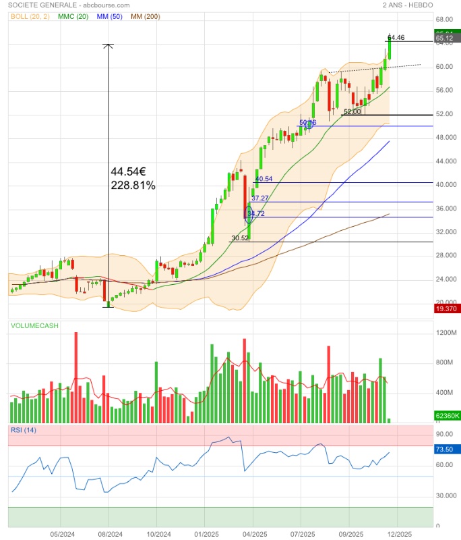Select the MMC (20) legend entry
pyautogui.click(x=73, y=16)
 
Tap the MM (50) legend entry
pyautogui.click(x=109, y=16)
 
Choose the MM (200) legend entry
pyautogui.click(x=145, y=16)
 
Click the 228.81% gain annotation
pyautogui.click(x=133, y=185)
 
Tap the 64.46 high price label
pyautogui.click(x=396, y=38)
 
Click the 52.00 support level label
pyautogui.click(x=352, y=112)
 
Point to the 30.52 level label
pyautogui.click(x=240, y=238)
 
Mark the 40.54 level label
pyautogui.click(x=264, y=179)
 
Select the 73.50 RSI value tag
pyautogui.click(x=444, y=449)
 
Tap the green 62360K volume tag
pyautogui.click(x=448, y=415)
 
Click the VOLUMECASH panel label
pyautogui.click(x=34, y=326)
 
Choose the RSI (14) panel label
pyautogui.click(x=23, y=430)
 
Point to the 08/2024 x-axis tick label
pyautogui.click(x=109, y=533)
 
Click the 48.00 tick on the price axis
pyautogui.click(x=443, y=138)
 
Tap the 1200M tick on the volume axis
pyautogui.click(x=446, y=333)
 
